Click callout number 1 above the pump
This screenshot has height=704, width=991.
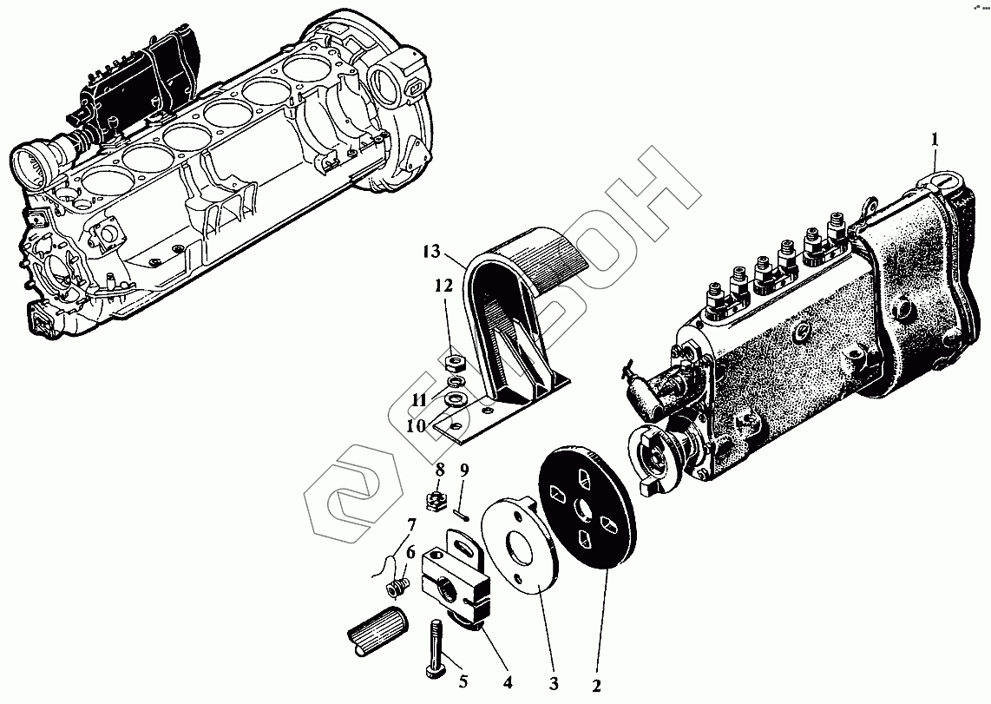(934, 139)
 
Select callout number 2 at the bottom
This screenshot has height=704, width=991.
(596, 686)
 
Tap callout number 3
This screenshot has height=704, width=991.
(554, 684)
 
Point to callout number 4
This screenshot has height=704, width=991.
(508, 682)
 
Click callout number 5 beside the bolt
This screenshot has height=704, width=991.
(463, 681)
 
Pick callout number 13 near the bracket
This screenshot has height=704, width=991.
(432, 252)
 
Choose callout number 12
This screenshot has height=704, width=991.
(443, 286)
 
